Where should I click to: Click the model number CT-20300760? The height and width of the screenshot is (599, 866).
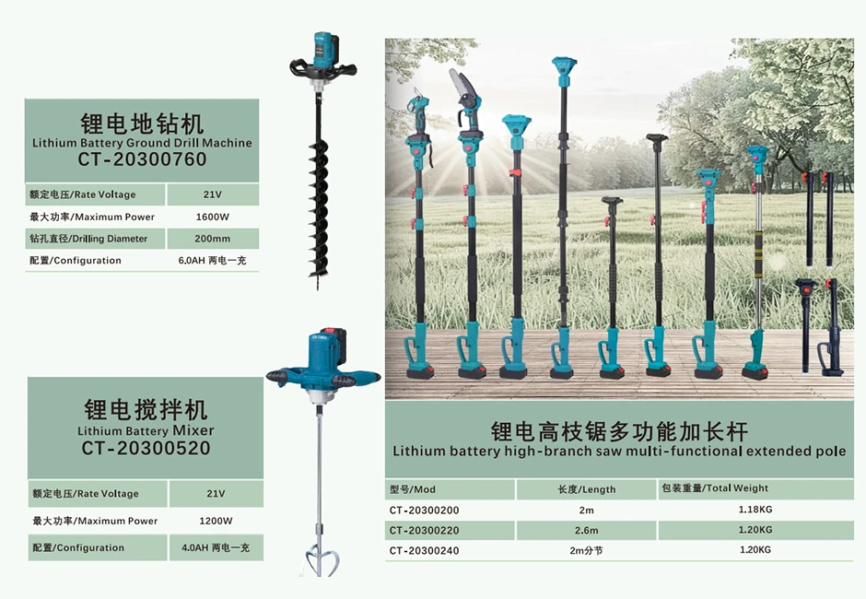coord(142,159)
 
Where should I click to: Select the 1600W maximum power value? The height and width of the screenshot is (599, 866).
coord(214,217)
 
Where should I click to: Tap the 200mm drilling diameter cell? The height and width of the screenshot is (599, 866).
coord(214,239)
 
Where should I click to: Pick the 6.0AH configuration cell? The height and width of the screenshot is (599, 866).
coord(214,261)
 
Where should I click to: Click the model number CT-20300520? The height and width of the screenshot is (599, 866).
coord(146,449)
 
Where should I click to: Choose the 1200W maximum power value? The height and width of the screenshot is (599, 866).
coord(216,521)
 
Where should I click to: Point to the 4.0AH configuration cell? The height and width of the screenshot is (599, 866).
coord(216,547)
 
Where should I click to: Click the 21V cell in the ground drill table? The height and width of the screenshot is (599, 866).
coord(214,194)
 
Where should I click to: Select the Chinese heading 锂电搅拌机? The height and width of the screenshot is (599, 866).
coord(146,410)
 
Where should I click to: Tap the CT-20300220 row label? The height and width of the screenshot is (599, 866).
coord(424,530)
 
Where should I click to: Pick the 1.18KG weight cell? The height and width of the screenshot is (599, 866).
coord(755,509)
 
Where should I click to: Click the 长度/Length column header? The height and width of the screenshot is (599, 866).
coord(587,489)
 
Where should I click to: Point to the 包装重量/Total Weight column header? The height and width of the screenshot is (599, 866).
coord(714,488)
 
